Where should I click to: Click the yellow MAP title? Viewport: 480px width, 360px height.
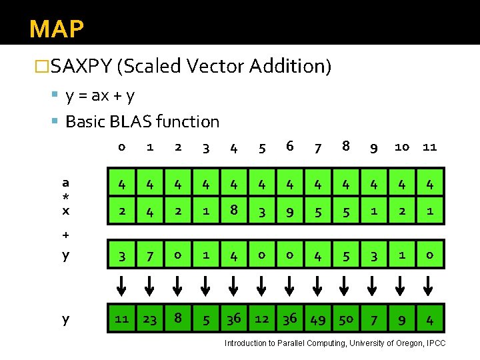[x=57, y=29]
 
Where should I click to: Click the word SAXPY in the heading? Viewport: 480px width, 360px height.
[x=81, y=66]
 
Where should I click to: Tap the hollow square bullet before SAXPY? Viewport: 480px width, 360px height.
[x=41, y=66]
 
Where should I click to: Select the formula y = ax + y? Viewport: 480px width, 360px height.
[x=100, y=96]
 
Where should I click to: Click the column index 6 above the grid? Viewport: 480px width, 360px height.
[x=290, y=146]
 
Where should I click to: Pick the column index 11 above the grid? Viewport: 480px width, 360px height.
[x=429, y=147]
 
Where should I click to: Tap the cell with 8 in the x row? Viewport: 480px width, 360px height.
[x=234, y=211]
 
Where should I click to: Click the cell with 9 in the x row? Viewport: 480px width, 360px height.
[x=290, y=211]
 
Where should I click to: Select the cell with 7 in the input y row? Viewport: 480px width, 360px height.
[x=150, y=255]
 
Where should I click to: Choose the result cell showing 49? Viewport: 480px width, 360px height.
[x=318, y=319]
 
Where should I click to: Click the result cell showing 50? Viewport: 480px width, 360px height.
[x=346, y=319]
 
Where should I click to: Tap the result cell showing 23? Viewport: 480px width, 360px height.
[x=150, y=319]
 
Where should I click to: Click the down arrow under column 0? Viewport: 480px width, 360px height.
[x=121, y=286]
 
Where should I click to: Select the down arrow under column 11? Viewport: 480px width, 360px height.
[x=428, y=286]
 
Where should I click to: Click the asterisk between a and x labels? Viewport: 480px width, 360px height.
[x=65, y=197]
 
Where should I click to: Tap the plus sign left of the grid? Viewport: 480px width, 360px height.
[x=65, y=235]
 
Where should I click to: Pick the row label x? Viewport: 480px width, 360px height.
[x=66, y=211]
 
